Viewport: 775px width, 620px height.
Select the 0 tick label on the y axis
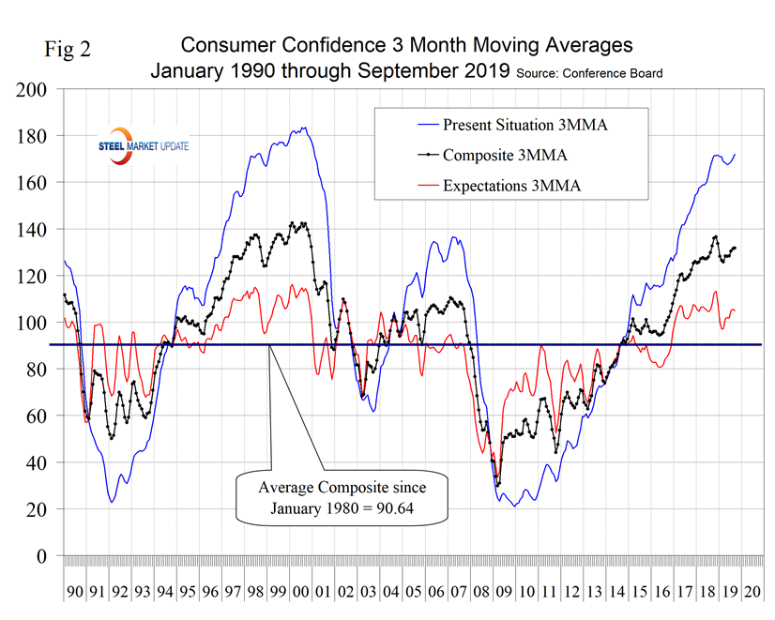[x=45, y=556]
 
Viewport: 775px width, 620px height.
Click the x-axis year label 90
[x=75, y=593]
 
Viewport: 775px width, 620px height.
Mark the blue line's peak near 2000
[x=303, y=128]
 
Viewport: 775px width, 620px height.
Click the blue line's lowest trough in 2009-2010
[x=513, y=507]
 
